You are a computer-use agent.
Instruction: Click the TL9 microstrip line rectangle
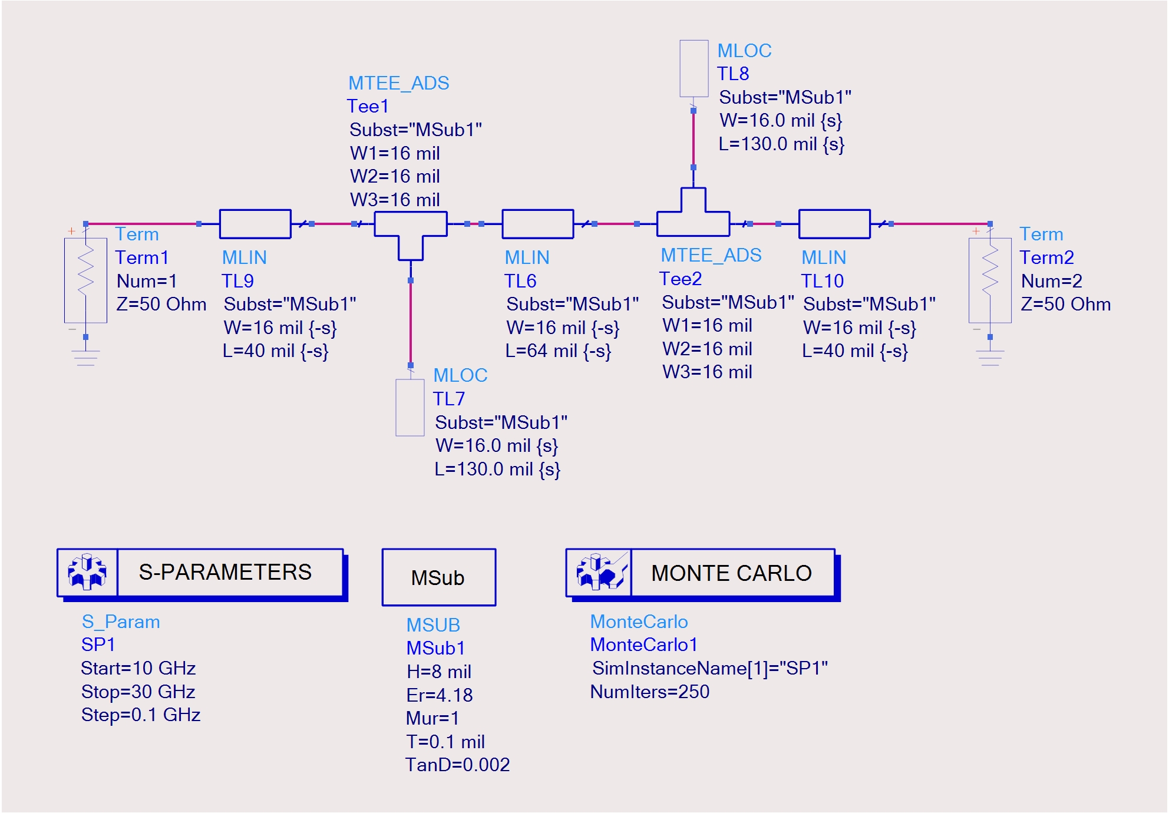(255, 224)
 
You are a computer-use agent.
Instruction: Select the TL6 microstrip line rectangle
(537, 224)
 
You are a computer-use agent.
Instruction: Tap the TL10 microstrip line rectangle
(834, 224)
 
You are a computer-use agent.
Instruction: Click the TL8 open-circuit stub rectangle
(694, 68)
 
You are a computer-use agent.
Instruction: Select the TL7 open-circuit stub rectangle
(410, 408)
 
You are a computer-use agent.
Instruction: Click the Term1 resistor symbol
(86, 277)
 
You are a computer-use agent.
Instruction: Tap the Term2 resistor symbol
(990, 277)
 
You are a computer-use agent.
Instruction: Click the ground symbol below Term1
(86, 357)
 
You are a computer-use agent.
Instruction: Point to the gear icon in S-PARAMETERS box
(87, 572)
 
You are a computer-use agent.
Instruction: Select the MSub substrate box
(438, 577)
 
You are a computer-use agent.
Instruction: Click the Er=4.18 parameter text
(440, 695)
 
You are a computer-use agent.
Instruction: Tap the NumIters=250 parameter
(650, 692)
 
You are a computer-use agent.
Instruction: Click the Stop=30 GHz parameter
(138, 692)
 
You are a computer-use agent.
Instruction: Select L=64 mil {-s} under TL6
(558, 351)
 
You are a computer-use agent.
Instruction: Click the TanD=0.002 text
(457, 765)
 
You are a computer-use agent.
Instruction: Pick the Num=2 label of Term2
(1051, 281)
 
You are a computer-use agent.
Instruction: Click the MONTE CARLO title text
(731, 573)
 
